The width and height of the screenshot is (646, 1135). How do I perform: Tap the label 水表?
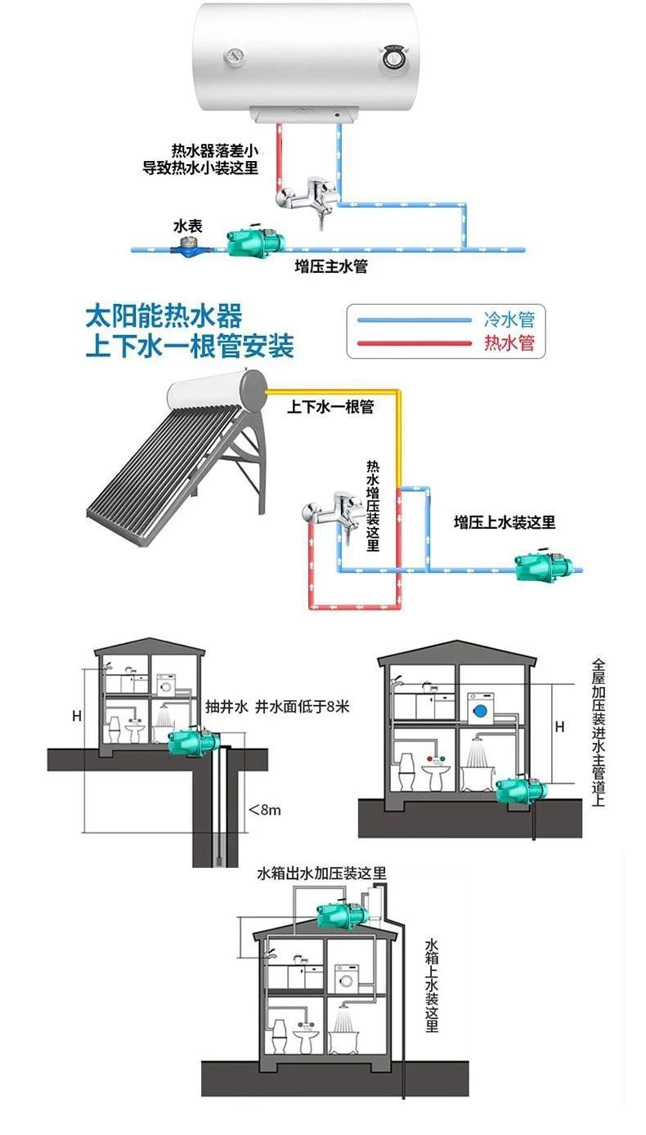coord(187,226)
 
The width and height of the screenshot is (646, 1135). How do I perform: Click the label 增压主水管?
coord(331,266)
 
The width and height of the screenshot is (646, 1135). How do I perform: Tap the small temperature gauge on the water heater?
coord(235,57)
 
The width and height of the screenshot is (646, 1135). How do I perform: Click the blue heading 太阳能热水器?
coord(164,316)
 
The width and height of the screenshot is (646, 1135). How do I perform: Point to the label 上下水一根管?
coord(330,406)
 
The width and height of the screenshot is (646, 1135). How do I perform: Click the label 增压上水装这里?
coord(505,522)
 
